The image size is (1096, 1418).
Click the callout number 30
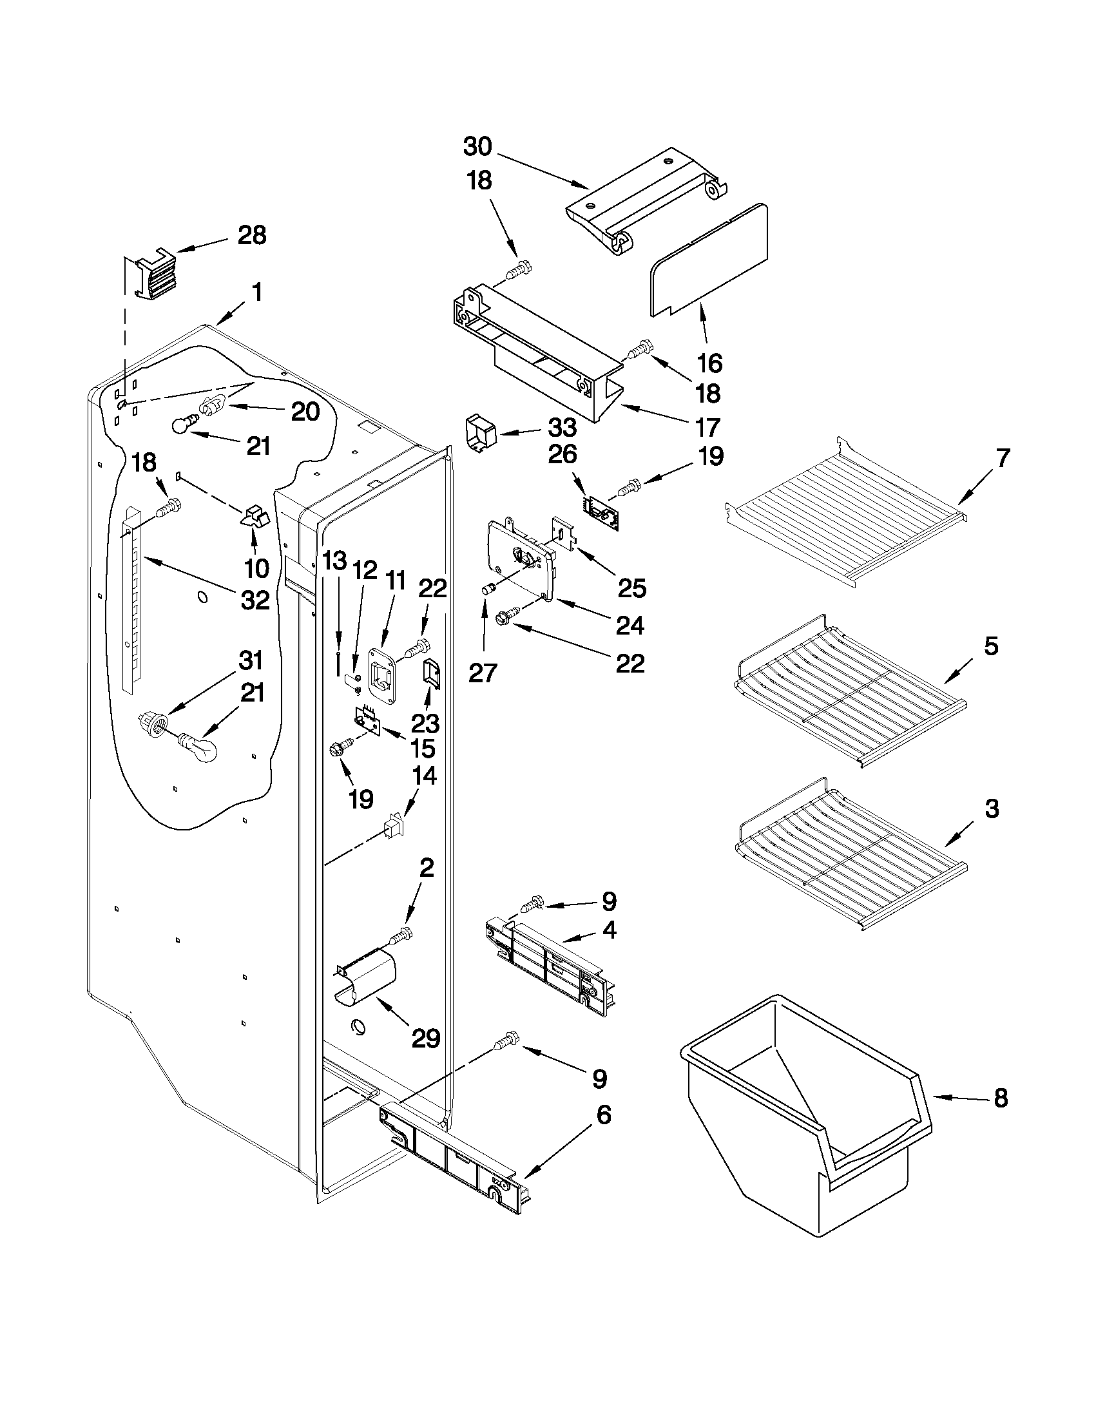pos(477,148)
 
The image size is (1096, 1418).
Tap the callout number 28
pos(252,236)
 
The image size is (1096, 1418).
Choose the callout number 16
pos(709,363)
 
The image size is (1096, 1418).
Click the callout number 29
pos(426,1038)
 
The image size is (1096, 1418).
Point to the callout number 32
pos(255,600)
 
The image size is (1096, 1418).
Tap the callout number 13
pos(335,561)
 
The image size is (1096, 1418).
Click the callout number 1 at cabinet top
pos(257,293)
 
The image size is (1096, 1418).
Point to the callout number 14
pos(424,776)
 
